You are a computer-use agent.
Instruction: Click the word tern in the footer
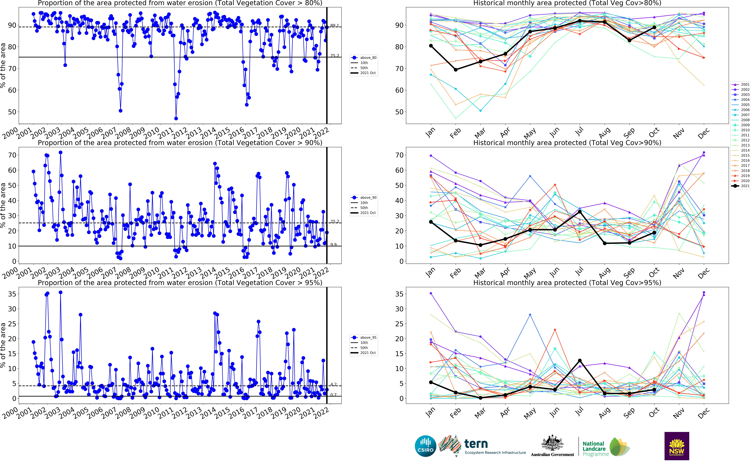(476, 444)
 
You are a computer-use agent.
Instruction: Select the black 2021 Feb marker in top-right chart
(456, 70)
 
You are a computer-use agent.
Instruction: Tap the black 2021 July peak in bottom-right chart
(580, 360)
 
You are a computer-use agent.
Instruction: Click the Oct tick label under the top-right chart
(654, 132)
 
